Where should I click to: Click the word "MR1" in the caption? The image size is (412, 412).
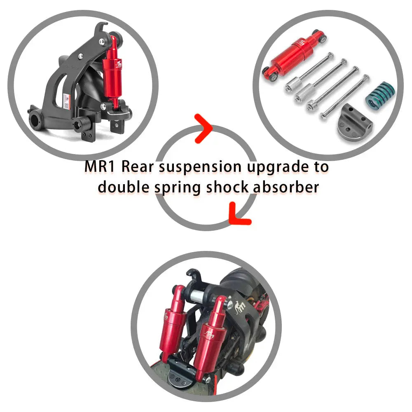[x=100, y=166]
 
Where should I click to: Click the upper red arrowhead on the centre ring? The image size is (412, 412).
[x=204, y=129]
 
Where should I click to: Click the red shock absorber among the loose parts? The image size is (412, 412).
[x=294, y=55]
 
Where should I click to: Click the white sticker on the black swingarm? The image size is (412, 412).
[x=66, y=101]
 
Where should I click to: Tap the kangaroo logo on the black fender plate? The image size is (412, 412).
[x=240, y=307]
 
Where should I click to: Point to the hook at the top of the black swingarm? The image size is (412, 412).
[x=101, y=27]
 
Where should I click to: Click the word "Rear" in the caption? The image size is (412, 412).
[x=138, y=166]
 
